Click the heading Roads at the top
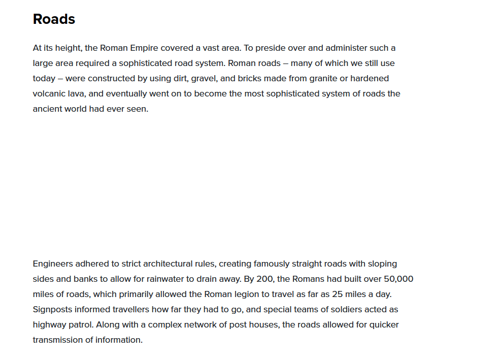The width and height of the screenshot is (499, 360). pyautogui.click(x=54, y=19)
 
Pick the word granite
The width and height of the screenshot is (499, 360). pyautogui.click(x=319, y=79)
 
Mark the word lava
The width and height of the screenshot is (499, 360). pyautogui.click(x=76, y=94)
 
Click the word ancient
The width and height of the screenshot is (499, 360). pyautogui.click(x=47, y=109)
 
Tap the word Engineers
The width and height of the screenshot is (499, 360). pyautogui.click(x=53, y=264)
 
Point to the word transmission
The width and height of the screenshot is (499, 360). pyautogui.click(x=58, y=340)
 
